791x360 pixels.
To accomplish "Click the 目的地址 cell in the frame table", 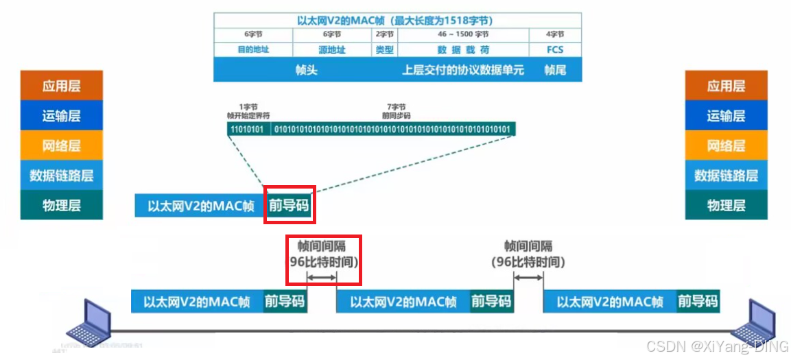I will coord(252,49).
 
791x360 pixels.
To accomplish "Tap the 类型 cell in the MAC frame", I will coord(384,49).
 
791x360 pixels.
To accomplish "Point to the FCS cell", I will coord(555,49).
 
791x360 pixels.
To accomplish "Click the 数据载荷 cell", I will coord(463,49).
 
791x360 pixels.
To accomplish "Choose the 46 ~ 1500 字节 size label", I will coord(463,34).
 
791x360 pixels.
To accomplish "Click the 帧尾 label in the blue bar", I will coord(555,69).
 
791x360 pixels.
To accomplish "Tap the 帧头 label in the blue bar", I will coord(306,69).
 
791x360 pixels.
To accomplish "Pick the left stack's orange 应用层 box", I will coord(62,86).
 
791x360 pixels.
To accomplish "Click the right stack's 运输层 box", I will coord(726,116).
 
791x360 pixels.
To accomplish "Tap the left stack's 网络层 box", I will coord(62,145).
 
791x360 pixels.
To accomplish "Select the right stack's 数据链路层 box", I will coord(726,176).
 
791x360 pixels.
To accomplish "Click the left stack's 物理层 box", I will coord(62,205).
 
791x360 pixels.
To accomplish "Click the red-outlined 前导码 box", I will coord(290,204).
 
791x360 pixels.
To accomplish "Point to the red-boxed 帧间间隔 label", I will coord(323,254).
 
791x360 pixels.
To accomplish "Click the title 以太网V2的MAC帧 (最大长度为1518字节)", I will coord(397,21).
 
